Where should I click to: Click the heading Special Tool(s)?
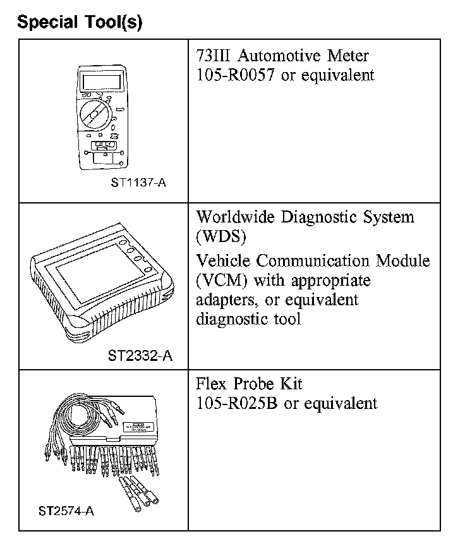pyautogui.click(x=80, y=22)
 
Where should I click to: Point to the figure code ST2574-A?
pyautogui.click(x=66, y=511)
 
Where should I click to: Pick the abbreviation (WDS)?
pyautogui.click(x=220, y=236)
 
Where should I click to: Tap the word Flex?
pyautogui.click(x=210, y=384)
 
